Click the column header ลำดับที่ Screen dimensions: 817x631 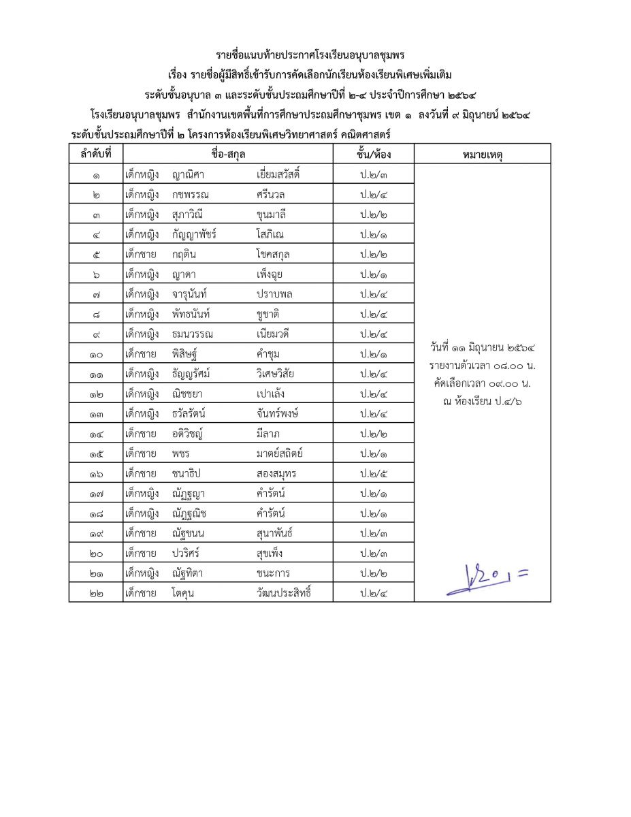96,155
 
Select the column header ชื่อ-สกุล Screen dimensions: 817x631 228,155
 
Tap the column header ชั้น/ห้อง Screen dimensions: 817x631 374,155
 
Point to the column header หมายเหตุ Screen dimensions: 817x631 482,155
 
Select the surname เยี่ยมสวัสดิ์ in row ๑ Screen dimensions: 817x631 278,175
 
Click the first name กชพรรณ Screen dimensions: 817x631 191,195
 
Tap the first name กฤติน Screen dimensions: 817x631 184,254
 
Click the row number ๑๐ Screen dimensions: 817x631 96,354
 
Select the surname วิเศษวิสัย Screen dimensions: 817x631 276,374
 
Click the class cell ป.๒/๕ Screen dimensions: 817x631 374,474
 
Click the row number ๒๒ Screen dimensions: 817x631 96,593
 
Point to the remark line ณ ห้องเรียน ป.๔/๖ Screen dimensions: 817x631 482,401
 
